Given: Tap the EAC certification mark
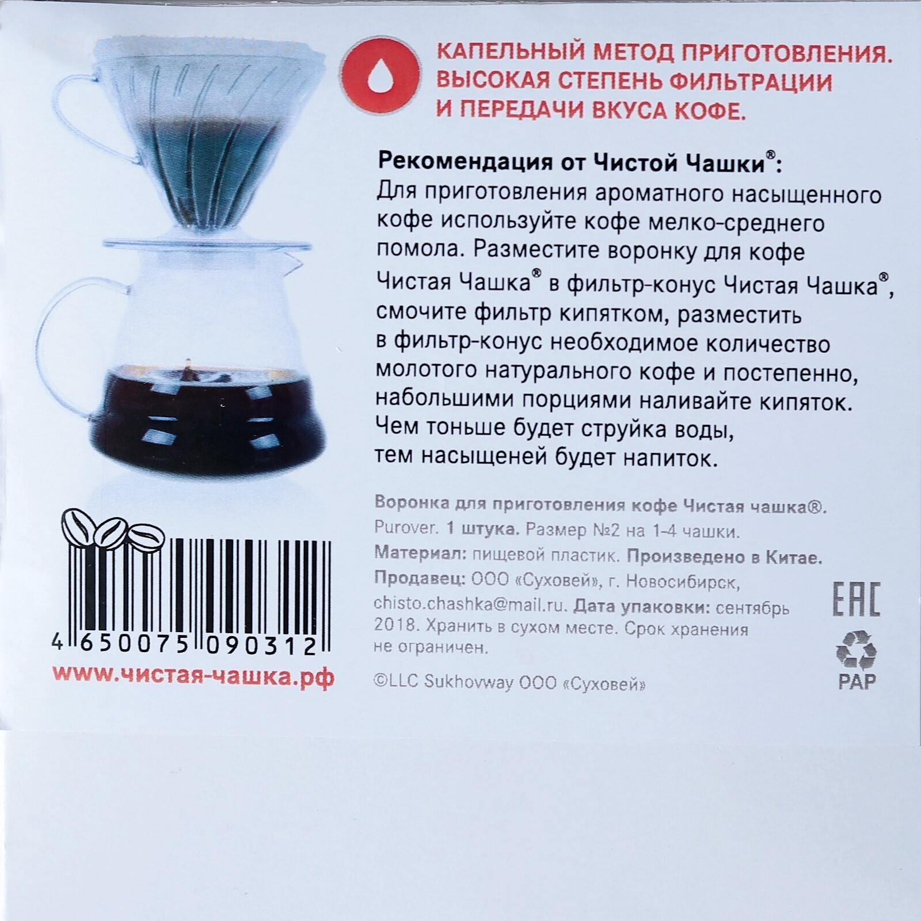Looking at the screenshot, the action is [x=857, y=600].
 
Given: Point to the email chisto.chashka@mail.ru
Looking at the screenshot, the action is [x=470, y=606].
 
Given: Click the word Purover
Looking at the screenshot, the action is [x=406, y=530].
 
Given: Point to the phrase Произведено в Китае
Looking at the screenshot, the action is [x=724, y=557].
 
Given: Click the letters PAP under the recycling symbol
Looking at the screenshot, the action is [x=857, y=682].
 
